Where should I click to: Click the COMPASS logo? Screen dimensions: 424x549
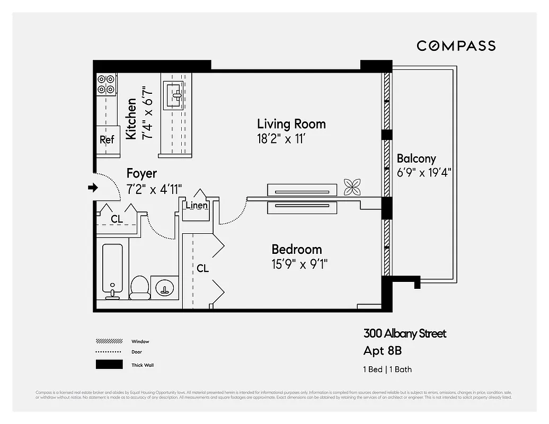(456, 46)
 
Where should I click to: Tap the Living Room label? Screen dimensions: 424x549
(291, 124)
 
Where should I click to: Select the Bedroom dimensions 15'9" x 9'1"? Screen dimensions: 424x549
(299, 264)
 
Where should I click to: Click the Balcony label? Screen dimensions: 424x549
(416, 158)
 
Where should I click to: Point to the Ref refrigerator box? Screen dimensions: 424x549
(107, 140)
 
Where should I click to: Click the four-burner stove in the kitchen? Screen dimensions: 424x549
(106, 84)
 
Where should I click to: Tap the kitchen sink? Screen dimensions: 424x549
(174, 94)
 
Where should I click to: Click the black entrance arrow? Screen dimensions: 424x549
(93, 187)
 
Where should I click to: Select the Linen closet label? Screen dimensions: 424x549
(197, 206)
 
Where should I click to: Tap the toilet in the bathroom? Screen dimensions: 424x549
(139, 286)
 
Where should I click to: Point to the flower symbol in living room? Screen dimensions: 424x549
(352, 187)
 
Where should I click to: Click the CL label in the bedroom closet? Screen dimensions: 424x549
(202, 269)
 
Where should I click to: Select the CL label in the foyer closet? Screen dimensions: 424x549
(117, 219)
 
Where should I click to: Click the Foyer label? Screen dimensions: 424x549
(141, 173)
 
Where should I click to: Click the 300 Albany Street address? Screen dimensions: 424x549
(404, 333)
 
